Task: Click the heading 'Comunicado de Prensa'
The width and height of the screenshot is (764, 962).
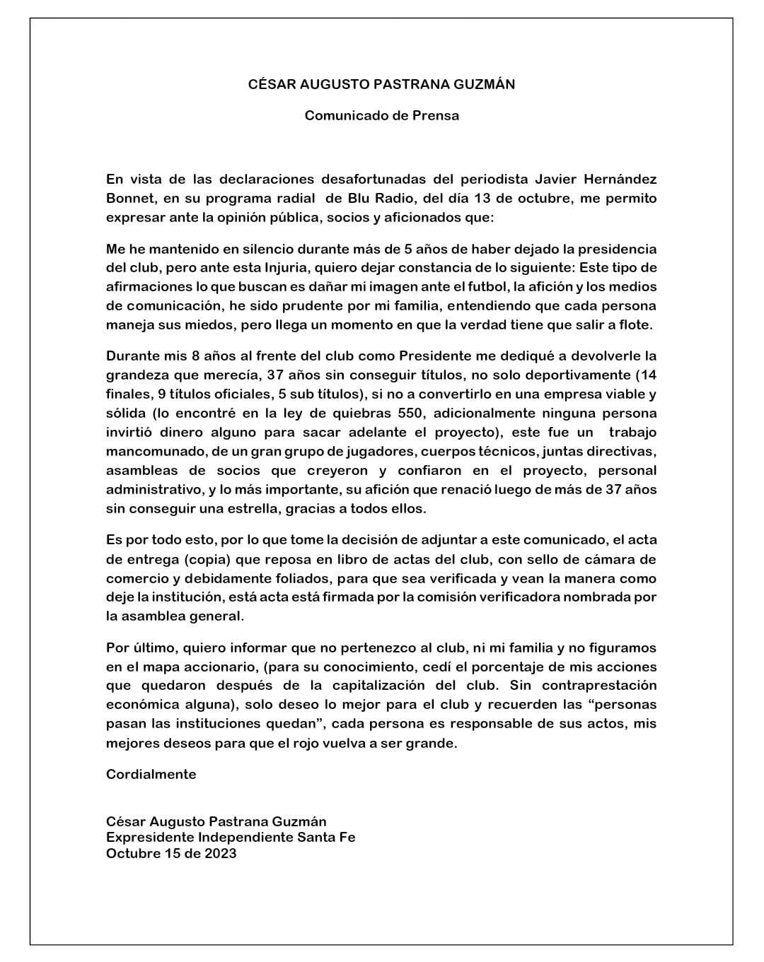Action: pyautogui.click(x=381, y=115)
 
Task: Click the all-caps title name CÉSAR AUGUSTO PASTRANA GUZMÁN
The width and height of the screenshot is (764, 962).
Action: pyautogui.click(x=381, y=84)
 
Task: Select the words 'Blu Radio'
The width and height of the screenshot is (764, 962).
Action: pyautogui.click(x=382, y=199)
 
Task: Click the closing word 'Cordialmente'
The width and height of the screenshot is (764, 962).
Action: pyautogui.click(x=151, y=774)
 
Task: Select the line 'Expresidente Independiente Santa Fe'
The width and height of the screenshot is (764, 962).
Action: pyautogui.click(x=231, y=838)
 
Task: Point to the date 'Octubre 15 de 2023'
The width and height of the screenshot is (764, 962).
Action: pyautogui.click(x=171, y=853)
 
